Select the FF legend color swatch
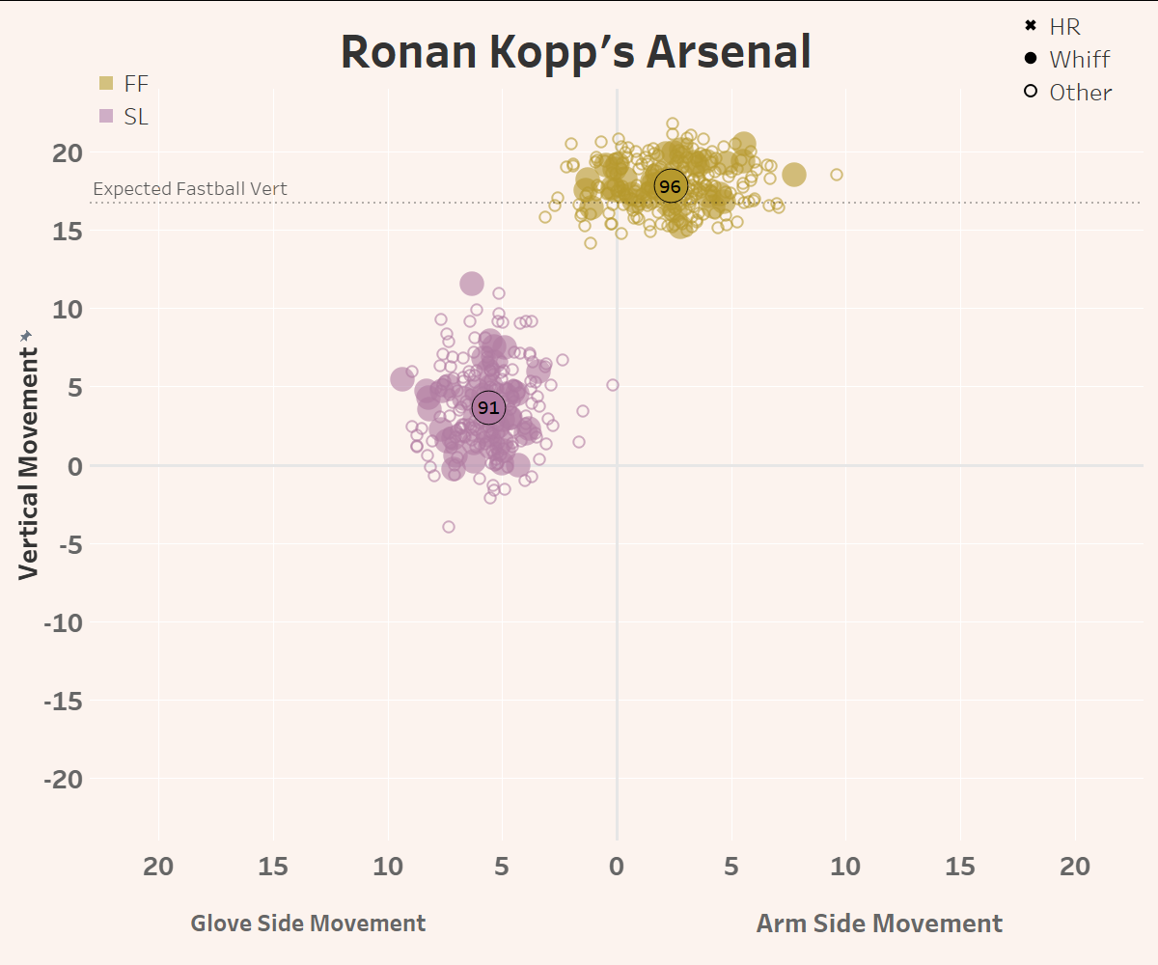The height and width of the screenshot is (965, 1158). pyautogui.click(x=106, y=84)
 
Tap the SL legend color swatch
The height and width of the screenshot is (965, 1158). pyautogui.click(x=106, y=117)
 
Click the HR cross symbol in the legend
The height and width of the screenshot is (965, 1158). pyautogui.click(x=1031, y=26)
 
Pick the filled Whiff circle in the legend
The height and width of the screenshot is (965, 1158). pyautogui.click(x=1031, y=59)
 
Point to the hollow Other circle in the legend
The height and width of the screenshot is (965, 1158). pyautogui.click(x=1031, y=92)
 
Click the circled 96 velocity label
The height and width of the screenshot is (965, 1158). pyautogui.click(x=670, y=186)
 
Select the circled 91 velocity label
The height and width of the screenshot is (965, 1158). pyautogui.click(x=488, y=408)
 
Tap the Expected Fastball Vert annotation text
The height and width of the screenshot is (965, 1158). pyautogui.click(x=190, y=189)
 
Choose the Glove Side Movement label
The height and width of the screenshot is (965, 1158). pyautogui.click(x=308, y=924)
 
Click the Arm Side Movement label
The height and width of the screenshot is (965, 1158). pyautogui.click(x=879, y=924)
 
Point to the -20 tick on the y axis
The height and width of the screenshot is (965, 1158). pyautogui.click(x=65, y=779)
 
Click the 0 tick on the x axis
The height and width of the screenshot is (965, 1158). pyautogui.click(x=617, y=867)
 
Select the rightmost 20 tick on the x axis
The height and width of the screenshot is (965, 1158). pyautogui.click(x=1074, y=867)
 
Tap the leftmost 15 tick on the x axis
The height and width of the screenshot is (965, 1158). pyautogui.click(x=273, y=867)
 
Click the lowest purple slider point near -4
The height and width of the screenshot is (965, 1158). pyautogui.click(x=449, y=527)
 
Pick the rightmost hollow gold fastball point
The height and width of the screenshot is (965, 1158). pyautogui.click(x=837, y=175)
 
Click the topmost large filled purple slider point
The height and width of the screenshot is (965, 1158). pyautogui.click(x=472, y=284)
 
